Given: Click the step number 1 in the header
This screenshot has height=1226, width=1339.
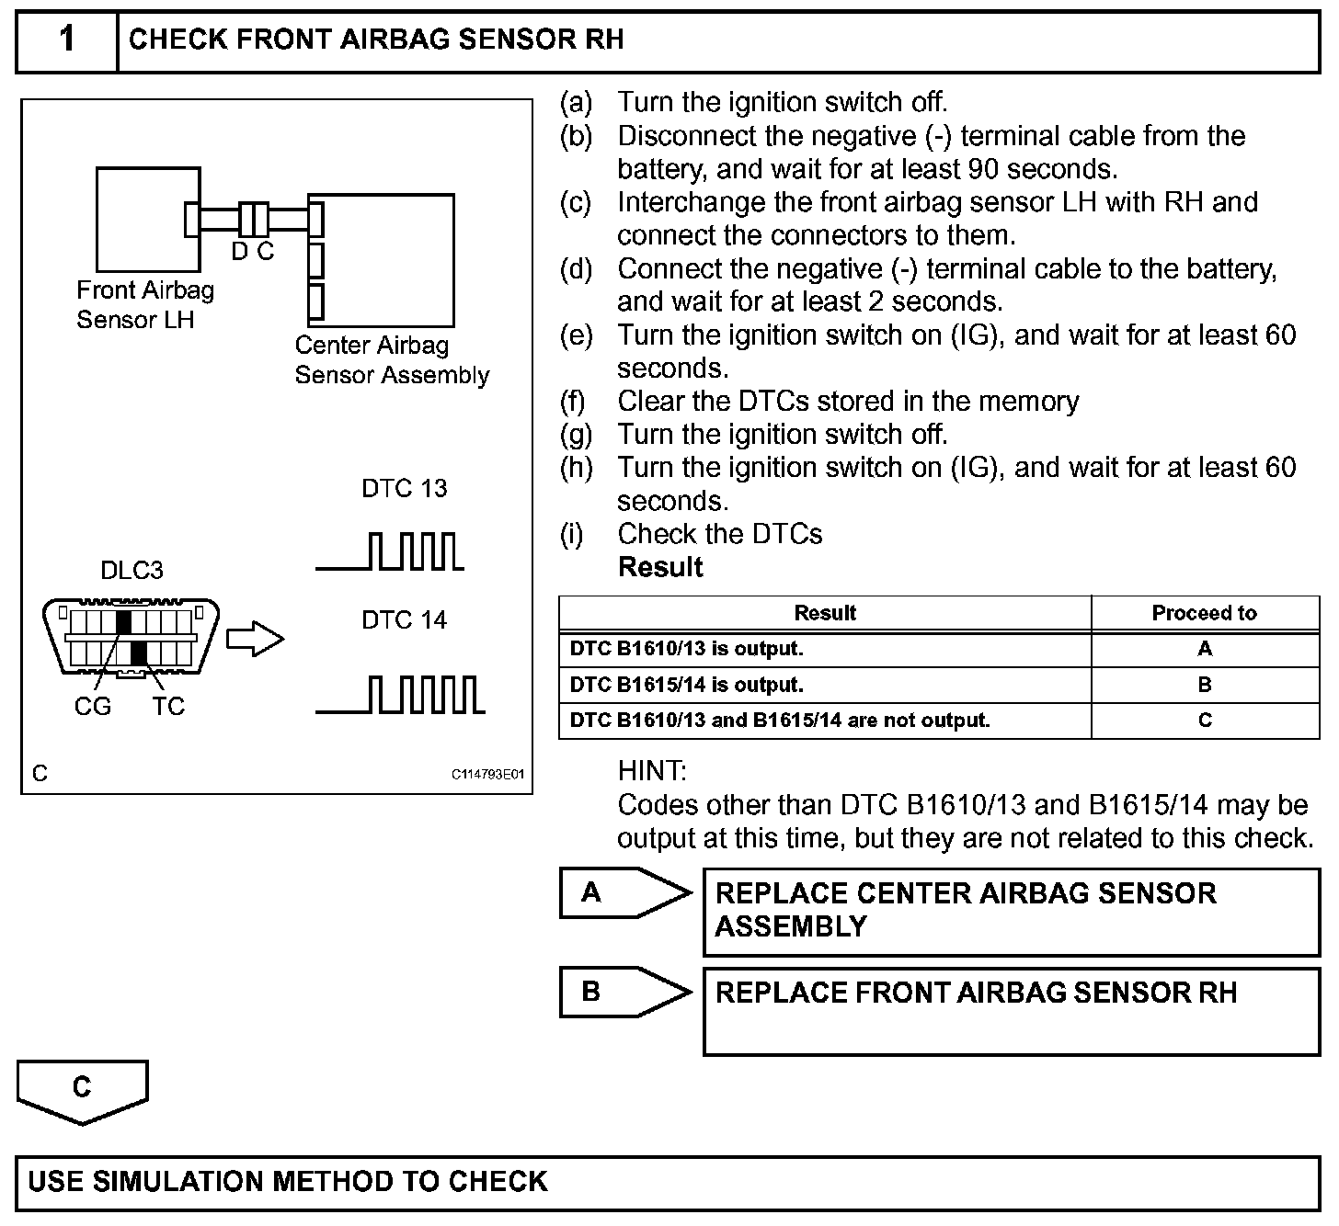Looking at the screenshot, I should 67,40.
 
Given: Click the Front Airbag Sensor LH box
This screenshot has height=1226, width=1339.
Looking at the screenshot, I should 147,219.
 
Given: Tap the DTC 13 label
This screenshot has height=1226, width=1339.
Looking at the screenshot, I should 404,488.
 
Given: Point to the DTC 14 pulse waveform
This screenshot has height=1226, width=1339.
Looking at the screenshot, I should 400,695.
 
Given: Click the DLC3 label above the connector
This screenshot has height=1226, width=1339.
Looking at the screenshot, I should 132,571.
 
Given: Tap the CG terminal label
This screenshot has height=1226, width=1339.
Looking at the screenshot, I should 92,706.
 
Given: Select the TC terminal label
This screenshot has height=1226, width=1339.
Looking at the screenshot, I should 168,706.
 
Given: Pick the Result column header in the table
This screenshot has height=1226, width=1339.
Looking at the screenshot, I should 825,613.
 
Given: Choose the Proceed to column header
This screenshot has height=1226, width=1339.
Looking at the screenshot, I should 1204,613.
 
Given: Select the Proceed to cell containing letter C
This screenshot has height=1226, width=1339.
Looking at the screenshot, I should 1205,721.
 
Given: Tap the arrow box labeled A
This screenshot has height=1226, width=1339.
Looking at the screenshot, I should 625,892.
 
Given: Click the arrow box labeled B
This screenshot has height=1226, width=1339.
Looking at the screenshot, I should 625,992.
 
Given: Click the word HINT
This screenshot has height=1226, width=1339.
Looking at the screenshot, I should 652,770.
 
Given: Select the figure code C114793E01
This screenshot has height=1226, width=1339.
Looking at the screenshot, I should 486,775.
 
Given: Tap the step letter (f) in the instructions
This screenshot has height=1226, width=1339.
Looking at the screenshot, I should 575,402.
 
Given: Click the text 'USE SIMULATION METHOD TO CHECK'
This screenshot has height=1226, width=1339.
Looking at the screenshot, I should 288,1181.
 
